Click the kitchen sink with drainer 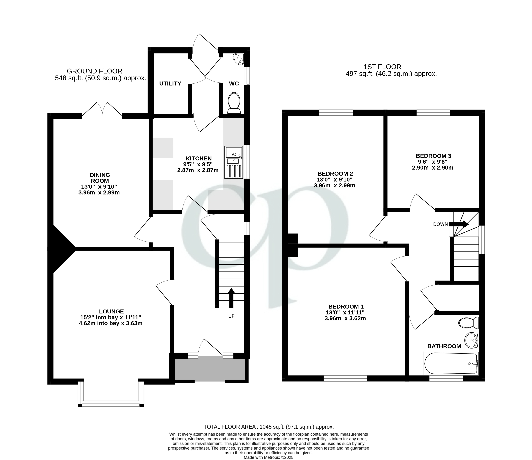(x=234, y=162)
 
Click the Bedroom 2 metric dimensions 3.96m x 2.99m (x=334, y=185)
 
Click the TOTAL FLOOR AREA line (x=269, y=427)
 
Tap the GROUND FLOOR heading (x=95, y=71)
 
